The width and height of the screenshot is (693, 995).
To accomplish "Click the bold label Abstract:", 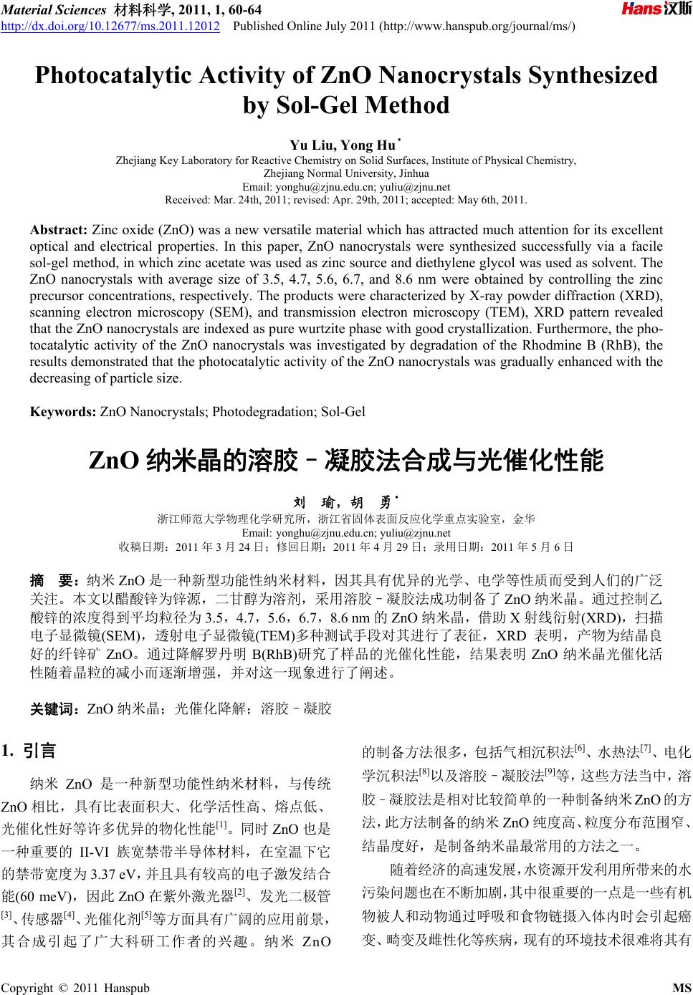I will coord(58,230).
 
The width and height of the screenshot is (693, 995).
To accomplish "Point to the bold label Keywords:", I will coord(62,411).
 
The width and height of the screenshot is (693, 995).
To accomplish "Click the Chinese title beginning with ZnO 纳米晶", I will coord(345,460).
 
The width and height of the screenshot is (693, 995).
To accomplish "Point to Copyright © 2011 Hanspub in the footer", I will coord(77,988).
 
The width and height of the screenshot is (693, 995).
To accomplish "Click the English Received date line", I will coord(346,199).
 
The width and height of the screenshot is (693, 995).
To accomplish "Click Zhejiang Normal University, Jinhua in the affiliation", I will coord(346,173).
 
